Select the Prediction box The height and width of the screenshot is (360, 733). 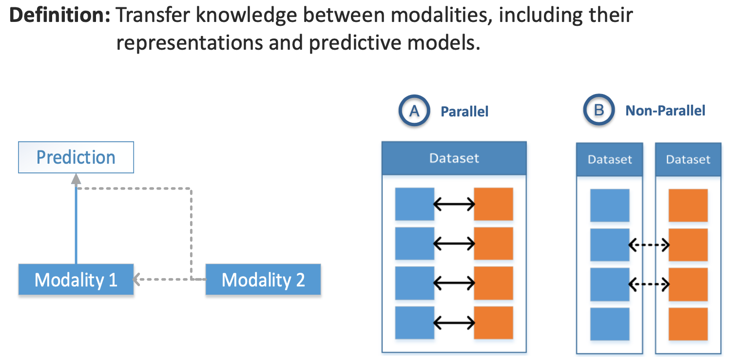coord(76,157)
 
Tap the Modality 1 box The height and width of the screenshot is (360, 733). coord(76,280)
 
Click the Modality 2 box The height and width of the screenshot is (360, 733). coord(263,280)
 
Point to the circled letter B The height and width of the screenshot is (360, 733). coord(599,111)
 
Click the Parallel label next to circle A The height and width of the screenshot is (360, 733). coord(464,112)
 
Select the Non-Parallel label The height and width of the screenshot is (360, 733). coord(665,111)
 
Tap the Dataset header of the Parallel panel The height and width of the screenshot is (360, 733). coord(454,158)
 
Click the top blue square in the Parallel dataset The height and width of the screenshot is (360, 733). coord(414,204)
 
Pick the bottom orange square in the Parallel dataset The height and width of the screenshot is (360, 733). coord(493,322)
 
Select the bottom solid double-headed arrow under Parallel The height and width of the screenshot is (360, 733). coord(454,322)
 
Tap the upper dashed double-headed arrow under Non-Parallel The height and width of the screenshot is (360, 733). coord(649,245)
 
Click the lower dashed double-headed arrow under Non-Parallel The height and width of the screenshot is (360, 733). coord(649,284)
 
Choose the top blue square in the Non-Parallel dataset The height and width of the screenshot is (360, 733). coord(610,206)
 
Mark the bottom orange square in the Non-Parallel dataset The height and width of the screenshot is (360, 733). coord(688,324)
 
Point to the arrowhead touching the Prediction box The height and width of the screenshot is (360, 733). coord(76,179)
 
